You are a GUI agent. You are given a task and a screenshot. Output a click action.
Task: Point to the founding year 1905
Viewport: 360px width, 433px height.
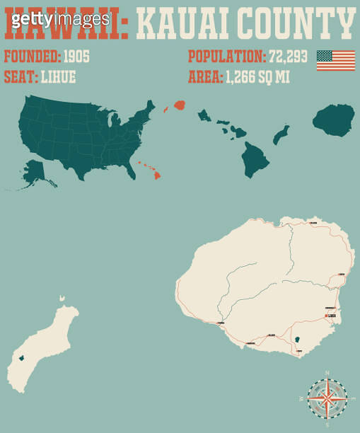pos(76,57)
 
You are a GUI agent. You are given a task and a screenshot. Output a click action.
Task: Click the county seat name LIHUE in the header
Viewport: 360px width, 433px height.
pos(57,77)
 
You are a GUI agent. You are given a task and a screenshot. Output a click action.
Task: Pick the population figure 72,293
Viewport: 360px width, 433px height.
pos(288,57)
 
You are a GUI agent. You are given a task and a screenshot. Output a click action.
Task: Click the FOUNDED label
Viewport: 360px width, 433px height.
pos(32,57)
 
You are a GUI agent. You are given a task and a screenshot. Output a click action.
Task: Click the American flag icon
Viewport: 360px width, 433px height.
pos(335,60)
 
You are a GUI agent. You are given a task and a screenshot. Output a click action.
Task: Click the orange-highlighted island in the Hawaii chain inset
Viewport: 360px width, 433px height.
pos(180,105)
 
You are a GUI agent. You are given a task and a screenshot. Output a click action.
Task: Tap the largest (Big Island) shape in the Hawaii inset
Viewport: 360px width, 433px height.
pos(256,158)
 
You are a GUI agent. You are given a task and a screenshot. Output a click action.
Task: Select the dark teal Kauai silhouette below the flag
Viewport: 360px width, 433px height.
pos(334,120)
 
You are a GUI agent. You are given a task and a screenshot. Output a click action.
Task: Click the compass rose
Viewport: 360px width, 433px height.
pos(327,398)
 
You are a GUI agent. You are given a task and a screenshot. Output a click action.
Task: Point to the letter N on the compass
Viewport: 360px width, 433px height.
pos(327,372)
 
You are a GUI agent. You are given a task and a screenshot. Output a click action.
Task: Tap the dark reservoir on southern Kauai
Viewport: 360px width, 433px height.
pos(297,340)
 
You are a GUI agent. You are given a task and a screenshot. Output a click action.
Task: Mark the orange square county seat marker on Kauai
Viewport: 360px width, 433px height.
pos(325,316)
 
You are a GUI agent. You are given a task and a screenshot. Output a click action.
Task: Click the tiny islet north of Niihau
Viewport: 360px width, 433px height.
pos(62,300)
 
